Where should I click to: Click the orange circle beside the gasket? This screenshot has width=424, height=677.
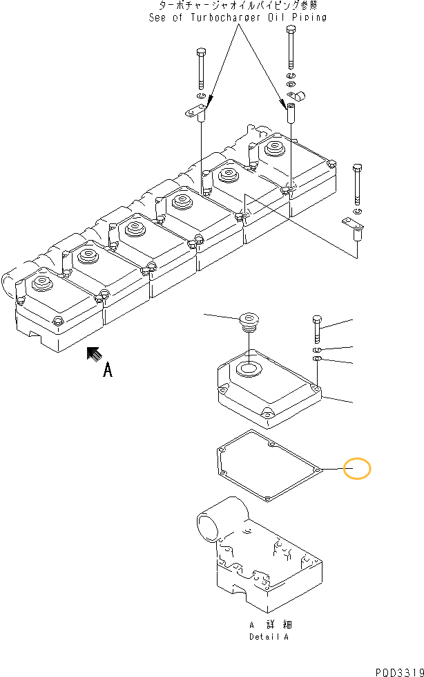pos(358,469)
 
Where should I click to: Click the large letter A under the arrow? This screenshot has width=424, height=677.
pos(108,371)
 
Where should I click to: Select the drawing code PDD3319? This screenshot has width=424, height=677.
pos(398,671)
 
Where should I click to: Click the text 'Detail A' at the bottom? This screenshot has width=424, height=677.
pos(269,637)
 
